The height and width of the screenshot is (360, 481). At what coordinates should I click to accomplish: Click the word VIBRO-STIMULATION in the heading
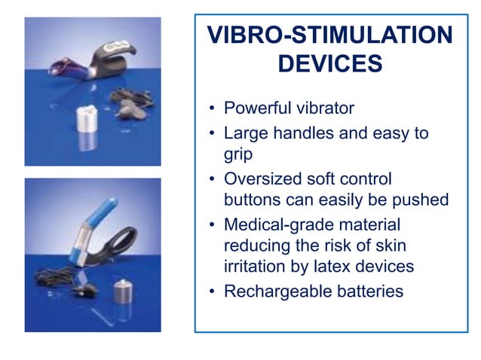click(x=330, y=35)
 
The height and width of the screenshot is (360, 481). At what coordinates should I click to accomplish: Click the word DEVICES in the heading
click(x=329, y=64)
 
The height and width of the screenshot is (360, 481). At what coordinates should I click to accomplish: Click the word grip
click(x=239, y=154)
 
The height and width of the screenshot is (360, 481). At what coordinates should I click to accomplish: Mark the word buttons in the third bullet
click(x=251, y=200)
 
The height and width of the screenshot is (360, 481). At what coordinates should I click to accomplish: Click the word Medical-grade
click(x=274, y=226)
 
